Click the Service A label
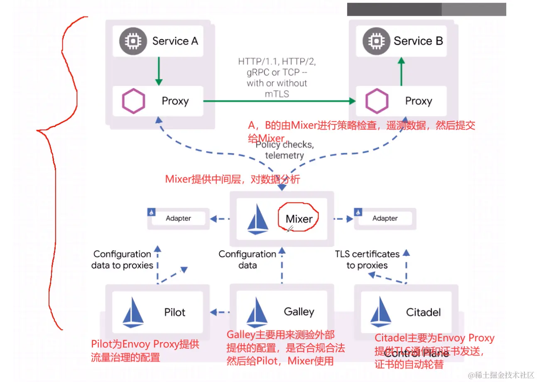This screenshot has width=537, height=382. [175, 41]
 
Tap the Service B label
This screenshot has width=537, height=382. [418, 41]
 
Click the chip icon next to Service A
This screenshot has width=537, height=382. [133, 41]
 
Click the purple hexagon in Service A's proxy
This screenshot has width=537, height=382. [133, 101]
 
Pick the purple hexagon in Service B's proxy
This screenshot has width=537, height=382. [377, 101]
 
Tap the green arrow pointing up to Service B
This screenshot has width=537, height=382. [401, 71]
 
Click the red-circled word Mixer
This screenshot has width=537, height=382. [299, 219]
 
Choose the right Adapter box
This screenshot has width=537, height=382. [385, 218]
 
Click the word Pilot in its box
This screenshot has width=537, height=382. [175, 312]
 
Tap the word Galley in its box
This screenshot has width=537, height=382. [299, 312]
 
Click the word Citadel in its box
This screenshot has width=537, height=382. [424, 312]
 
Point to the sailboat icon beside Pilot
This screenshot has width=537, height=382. [133, 311]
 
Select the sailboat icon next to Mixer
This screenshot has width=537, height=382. [257, 219]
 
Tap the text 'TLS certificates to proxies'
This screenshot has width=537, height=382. [367, 260]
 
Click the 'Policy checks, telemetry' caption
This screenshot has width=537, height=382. [284, 150]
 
